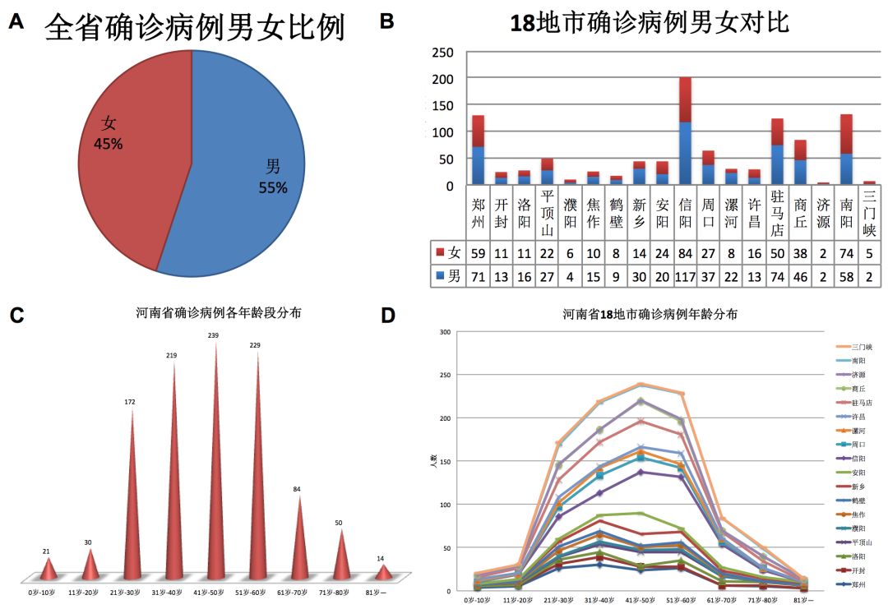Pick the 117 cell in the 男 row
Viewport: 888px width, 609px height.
pos(685,277)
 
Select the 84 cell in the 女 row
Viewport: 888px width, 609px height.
pos(685,252)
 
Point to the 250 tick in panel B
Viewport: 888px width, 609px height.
pos(443,53)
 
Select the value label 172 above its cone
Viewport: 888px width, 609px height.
pos(130,402)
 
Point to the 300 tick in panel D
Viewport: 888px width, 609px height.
pos(446,332)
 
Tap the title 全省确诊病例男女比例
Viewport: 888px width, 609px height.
pos(195,28)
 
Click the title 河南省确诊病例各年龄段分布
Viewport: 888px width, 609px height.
pos(218,312)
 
